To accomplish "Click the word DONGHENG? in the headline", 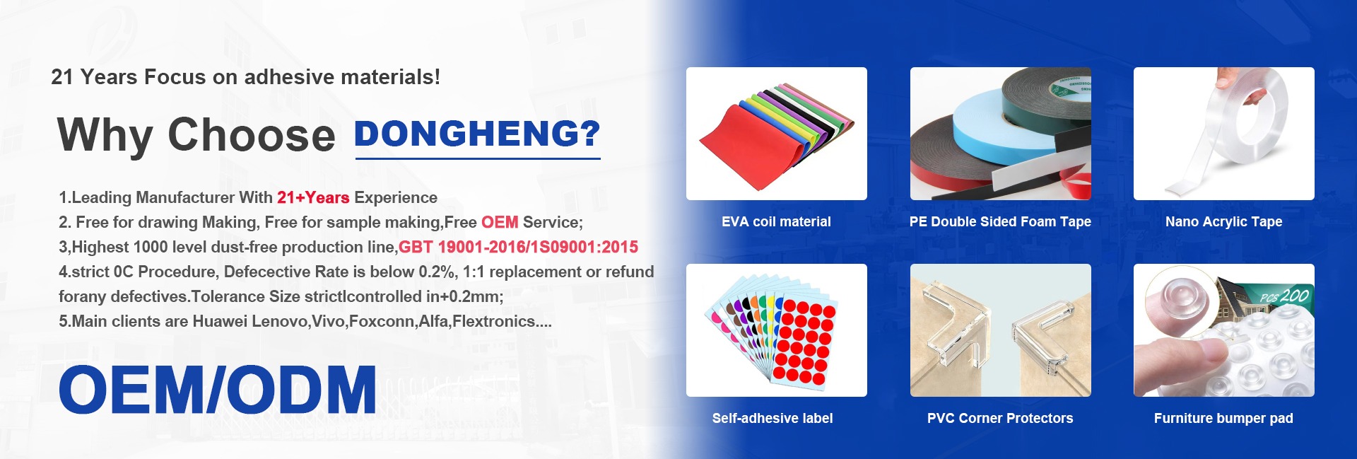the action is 477,134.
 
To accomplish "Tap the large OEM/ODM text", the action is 218,390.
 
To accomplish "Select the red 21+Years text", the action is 313,198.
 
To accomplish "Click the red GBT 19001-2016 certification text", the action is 518,247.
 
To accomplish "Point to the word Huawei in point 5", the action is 220,321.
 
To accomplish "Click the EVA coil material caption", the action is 776,222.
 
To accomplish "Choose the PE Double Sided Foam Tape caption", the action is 1000,222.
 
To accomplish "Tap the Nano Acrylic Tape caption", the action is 1223,222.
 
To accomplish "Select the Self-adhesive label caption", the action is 773,419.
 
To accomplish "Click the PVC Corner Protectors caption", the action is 1000,419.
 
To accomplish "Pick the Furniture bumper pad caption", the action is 1223,419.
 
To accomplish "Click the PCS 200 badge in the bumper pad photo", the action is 1284,296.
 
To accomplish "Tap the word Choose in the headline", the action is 251,134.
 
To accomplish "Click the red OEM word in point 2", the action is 500,222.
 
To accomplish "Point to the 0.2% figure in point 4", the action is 437,272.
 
